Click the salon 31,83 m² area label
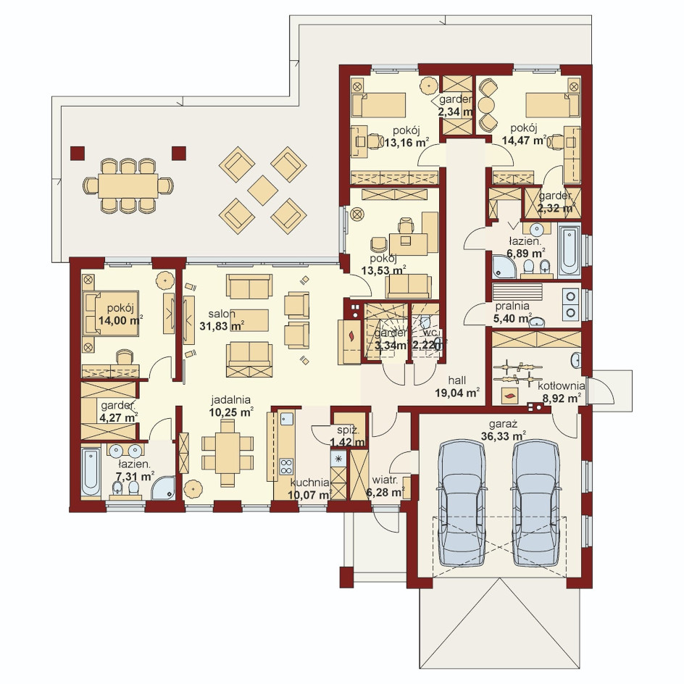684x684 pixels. click(x=222, y=320)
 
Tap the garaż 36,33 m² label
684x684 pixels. click(x=503, y=430)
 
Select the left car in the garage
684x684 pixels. click(x=462, y=503)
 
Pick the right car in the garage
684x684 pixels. click(x=535, y=503)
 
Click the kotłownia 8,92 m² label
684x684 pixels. click(x=561, y=391)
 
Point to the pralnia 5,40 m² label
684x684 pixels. click(x=513, y=312)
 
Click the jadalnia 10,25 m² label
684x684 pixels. click(x=230, y=406)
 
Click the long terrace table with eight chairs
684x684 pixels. click(x=128, y=185)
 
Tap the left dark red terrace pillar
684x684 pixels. click(x=78, y=153)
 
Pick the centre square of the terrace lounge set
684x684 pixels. click(x=262, y=190)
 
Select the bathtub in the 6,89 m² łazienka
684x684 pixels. click(x=570, y=249)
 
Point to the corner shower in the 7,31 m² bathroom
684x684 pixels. click(x=163, y=488)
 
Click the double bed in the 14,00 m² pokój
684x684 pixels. click(x=111, y=314)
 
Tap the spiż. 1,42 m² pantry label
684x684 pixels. click(x=348, y=436)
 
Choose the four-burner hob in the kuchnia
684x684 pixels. click(x=286, y=466)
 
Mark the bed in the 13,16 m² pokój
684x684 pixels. click(x=379, y=104)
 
